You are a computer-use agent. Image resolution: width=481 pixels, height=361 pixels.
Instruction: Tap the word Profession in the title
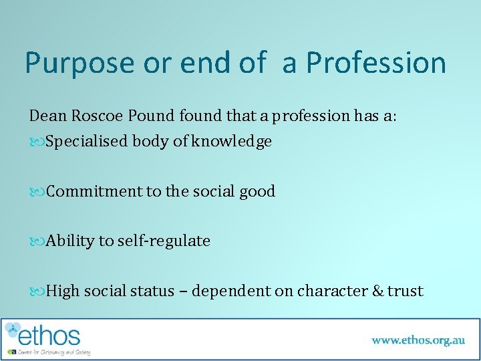(375, 64)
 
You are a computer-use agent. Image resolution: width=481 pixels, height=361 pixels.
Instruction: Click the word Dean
(47, 116)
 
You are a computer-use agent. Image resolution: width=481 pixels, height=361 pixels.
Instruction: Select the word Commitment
(94, 191)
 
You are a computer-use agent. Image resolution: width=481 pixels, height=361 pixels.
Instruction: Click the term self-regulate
(164, 241)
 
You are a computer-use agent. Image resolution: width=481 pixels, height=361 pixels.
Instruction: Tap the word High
(63, 291)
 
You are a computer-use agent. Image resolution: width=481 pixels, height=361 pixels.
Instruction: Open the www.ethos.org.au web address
(418, 340)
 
